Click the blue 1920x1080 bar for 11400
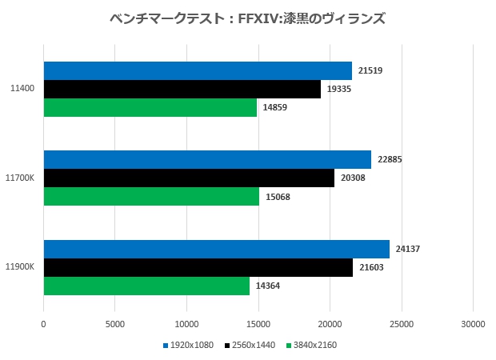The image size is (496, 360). (198, 70)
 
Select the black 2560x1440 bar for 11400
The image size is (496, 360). (182, 89)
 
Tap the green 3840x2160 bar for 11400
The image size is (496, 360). (150, 107)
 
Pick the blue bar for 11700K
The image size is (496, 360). (207, 159)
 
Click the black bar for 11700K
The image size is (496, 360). (189, 178)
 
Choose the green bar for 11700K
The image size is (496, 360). (151, 196)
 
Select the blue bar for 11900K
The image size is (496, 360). (216, 249)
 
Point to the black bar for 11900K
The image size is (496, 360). (198, 267)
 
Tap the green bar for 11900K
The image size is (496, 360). (146, 286)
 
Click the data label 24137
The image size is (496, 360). (408, 249)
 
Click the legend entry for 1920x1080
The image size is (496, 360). (189, 346)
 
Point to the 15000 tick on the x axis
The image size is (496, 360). (258, 324)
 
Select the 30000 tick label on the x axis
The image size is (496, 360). (472, 324)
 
